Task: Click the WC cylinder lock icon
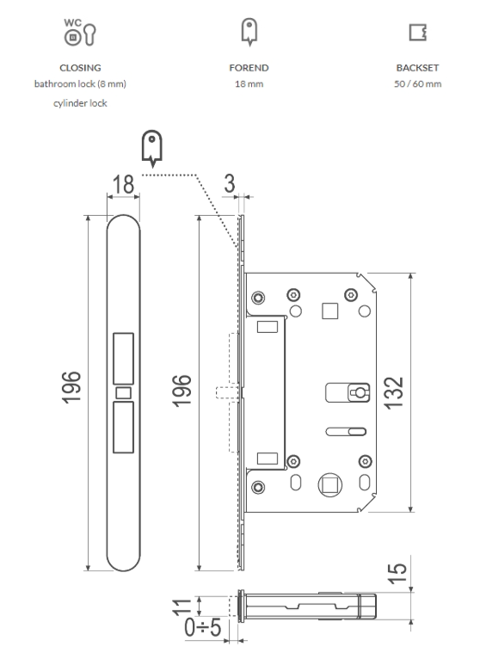point(80,33)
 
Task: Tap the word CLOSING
point(80,68)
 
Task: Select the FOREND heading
point(249,68)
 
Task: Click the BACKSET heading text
point(417,68)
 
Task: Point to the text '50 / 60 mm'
point(418,83)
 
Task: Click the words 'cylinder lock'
point(80,103)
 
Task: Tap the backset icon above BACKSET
point(418,33)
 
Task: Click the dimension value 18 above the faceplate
point(123,184)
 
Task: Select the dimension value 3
point(230,183)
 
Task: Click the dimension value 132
point(394,393)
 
